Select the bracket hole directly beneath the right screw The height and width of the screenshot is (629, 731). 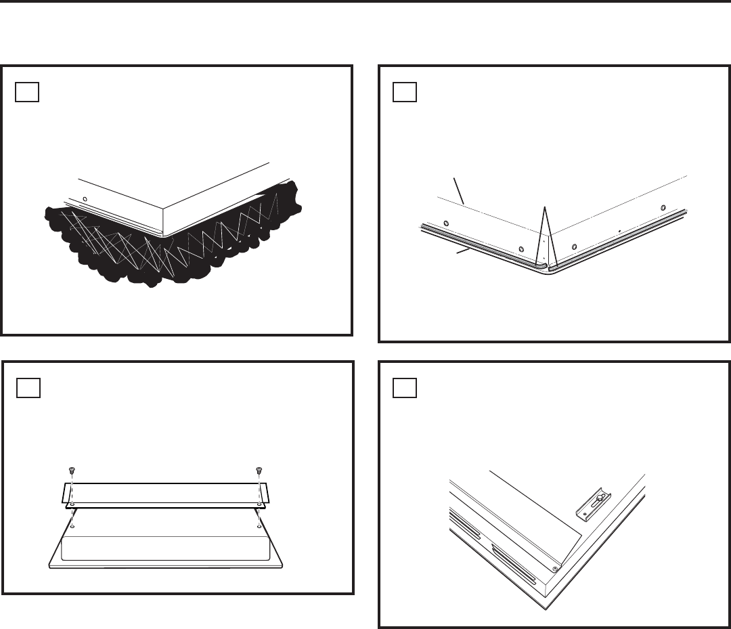point(259,504)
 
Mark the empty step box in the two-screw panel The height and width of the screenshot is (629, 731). point(28,388)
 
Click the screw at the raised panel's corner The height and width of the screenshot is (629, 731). point(554,567)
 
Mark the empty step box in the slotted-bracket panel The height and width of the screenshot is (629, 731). point(405,388)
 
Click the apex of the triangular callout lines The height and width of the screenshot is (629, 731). point(544,207)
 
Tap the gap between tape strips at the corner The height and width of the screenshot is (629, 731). point(547,267)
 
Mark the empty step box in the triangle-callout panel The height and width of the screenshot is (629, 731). point(405,91)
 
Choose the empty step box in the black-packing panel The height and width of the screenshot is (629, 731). point(27,91)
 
